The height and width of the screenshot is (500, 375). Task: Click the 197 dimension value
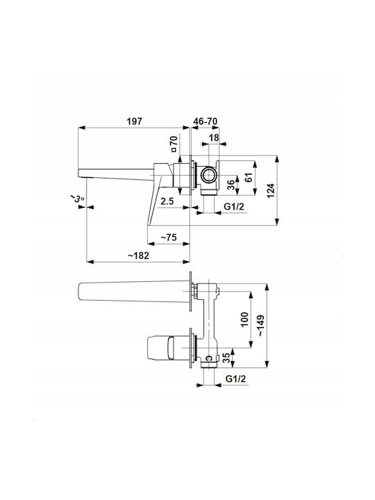coord(134,122)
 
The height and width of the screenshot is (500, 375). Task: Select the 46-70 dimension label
coord(206,122)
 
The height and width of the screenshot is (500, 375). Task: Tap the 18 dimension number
coord(214,137)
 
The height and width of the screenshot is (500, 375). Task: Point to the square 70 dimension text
coord(174,144)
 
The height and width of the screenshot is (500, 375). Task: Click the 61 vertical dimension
coord(249,178)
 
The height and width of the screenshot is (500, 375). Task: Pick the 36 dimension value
coord(231,185)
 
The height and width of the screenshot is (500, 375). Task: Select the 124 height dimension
coord(270,191)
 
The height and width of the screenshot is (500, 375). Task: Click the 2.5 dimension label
coord(167,201)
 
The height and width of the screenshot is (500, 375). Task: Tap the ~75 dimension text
coord(168,237)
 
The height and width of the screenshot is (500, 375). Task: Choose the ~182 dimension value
coord(138,256)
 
